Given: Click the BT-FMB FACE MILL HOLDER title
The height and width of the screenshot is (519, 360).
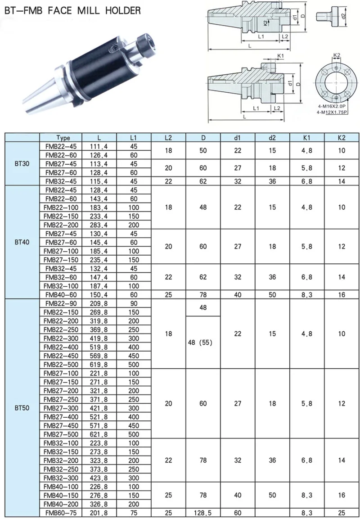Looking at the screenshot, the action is (x=72, y=10).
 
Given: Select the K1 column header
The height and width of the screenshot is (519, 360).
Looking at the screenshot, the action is (x=307, y=138).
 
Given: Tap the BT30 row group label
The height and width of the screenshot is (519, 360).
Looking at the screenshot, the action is (x=22, y=163).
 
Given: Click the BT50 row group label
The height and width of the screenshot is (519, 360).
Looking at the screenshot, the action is (x=22, y=408).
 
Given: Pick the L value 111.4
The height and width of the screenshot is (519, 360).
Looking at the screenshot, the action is (x=99, y=146).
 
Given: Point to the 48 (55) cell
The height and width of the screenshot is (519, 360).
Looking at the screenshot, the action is (x=200, y=343).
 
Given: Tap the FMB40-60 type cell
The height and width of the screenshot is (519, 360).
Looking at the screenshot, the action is (x=61, y=294).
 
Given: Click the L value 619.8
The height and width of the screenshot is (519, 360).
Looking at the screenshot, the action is (x=99, y=365).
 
